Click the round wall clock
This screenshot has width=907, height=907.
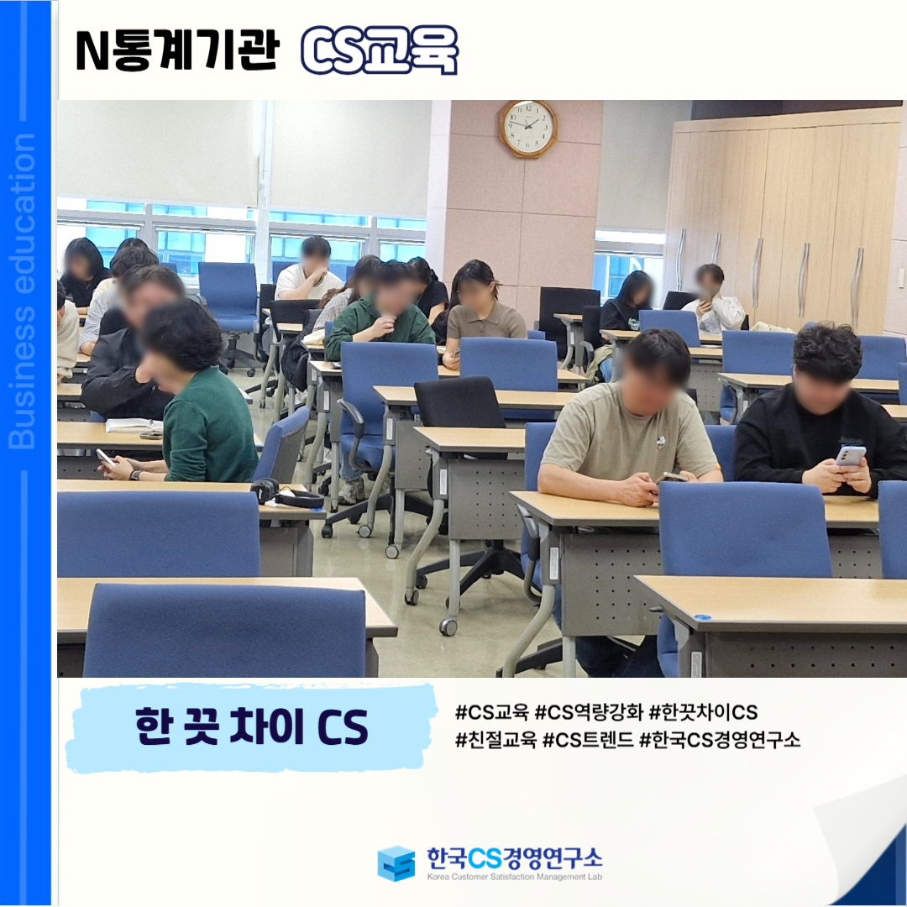click(528, 128)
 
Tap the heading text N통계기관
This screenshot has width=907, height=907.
click(177, 50)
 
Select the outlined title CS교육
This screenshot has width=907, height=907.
click(380, 50)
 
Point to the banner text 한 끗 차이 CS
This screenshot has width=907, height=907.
click(252, 726)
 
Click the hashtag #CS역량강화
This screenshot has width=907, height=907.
click(589, 712)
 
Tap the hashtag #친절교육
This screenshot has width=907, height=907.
click(495, 739)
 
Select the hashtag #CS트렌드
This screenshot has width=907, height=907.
click(588, 739)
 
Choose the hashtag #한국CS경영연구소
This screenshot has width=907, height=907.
click(720, 739)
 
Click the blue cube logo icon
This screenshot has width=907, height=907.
click(396, 863)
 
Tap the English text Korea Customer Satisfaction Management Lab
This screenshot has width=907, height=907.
click(514, 877)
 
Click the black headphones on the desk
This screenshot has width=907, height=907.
click(286, 494)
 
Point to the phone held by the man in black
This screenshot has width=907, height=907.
click(850, 456)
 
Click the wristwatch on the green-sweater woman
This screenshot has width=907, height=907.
click(134, 474)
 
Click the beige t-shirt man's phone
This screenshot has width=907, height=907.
click(671, 477)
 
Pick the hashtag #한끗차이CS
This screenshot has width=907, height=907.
click(704, 712)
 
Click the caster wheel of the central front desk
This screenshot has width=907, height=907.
click(448, 627)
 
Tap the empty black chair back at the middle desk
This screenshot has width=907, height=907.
click(460, 402)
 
